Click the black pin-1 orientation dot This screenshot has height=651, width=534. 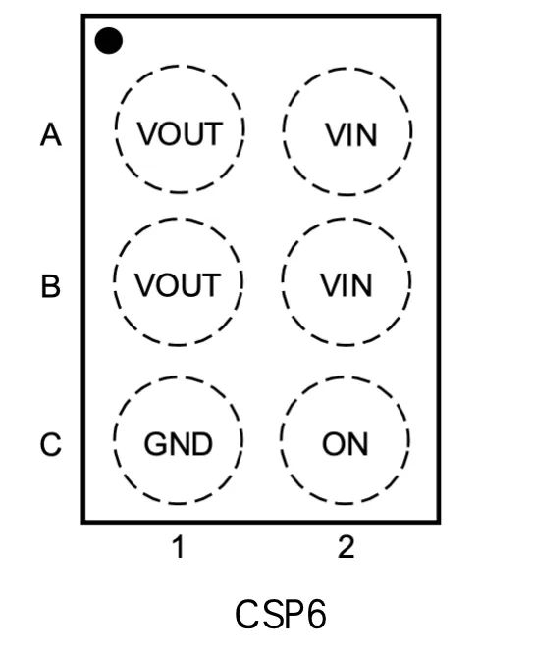109,41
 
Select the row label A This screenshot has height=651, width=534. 51,134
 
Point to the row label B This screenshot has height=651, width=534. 51,285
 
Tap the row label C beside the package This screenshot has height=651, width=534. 51,444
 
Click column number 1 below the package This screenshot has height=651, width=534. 179,547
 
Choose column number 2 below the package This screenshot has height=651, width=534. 347,547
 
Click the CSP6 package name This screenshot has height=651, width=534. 281,615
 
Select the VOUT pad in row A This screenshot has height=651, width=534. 180,129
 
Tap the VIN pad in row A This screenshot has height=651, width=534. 347,131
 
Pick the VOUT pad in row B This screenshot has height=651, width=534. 178,282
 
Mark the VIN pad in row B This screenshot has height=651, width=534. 347,282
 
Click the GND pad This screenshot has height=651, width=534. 178,440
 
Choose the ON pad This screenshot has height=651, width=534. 345,440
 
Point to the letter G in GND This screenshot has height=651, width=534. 155,444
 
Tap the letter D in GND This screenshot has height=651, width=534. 202,444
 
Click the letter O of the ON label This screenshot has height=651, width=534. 334,444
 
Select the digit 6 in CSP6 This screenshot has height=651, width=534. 317,615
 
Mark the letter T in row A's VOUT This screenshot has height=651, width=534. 213,134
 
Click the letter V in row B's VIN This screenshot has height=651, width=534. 332,285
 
